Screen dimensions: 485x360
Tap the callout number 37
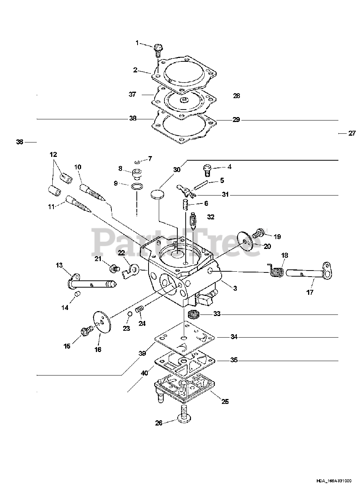click(132, 95)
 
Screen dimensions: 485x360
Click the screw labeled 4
click(207, 169)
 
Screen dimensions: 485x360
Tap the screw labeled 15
click(86, 332)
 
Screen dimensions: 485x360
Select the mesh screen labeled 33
click(194, 314)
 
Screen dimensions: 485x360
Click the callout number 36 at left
click(20, 142)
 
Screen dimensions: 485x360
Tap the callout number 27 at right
click(352, 133)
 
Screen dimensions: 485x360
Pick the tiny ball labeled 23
click(129, 314)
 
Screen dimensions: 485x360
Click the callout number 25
click(225, 401)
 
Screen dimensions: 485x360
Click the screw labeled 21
click(113, 269)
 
